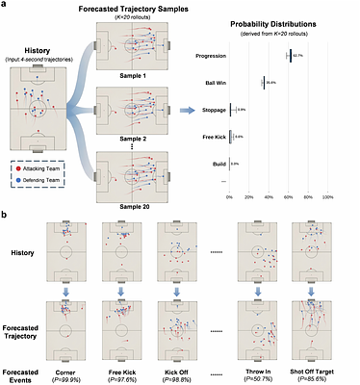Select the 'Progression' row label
pos(209,57)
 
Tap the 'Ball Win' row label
pos(214,84)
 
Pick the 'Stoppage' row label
pos(212,110)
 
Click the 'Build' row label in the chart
pos(219,164)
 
